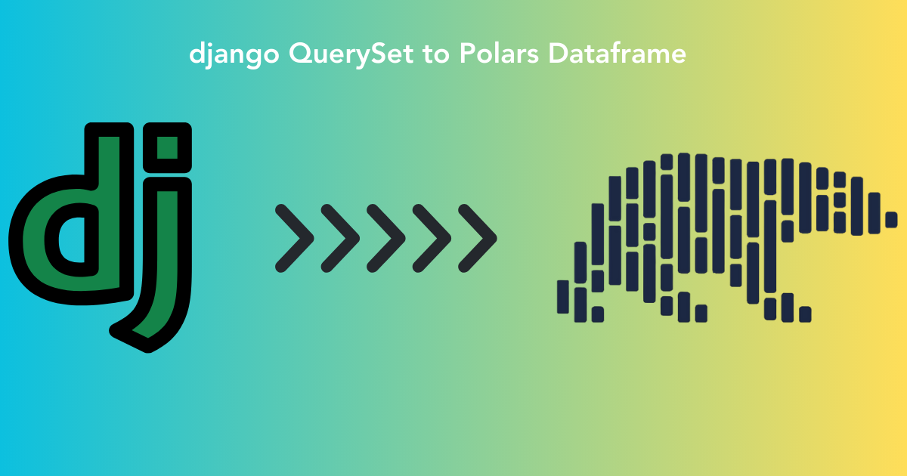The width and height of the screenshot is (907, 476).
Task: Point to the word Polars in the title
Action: coord(501,54)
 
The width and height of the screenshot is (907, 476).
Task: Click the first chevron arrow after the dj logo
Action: coord(295,237)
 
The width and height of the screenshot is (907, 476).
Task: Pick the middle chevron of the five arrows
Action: coord(386,237)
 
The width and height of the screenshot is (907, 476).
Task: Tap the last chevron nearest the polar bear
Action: coord(478,237)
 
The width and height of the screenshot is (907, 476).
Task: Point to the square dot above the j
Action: coord(167,145)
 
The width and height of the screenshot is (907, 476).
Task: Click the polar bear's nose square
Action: coord(891,220)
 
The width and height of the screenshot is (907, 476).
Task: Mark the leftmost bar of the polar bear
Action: coord(562,295)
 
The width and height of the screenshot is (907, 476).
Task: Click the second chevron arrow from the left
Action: coord(340,237)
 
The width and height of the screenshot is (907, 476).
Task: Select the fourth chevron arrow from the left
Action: coord(432,237)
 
